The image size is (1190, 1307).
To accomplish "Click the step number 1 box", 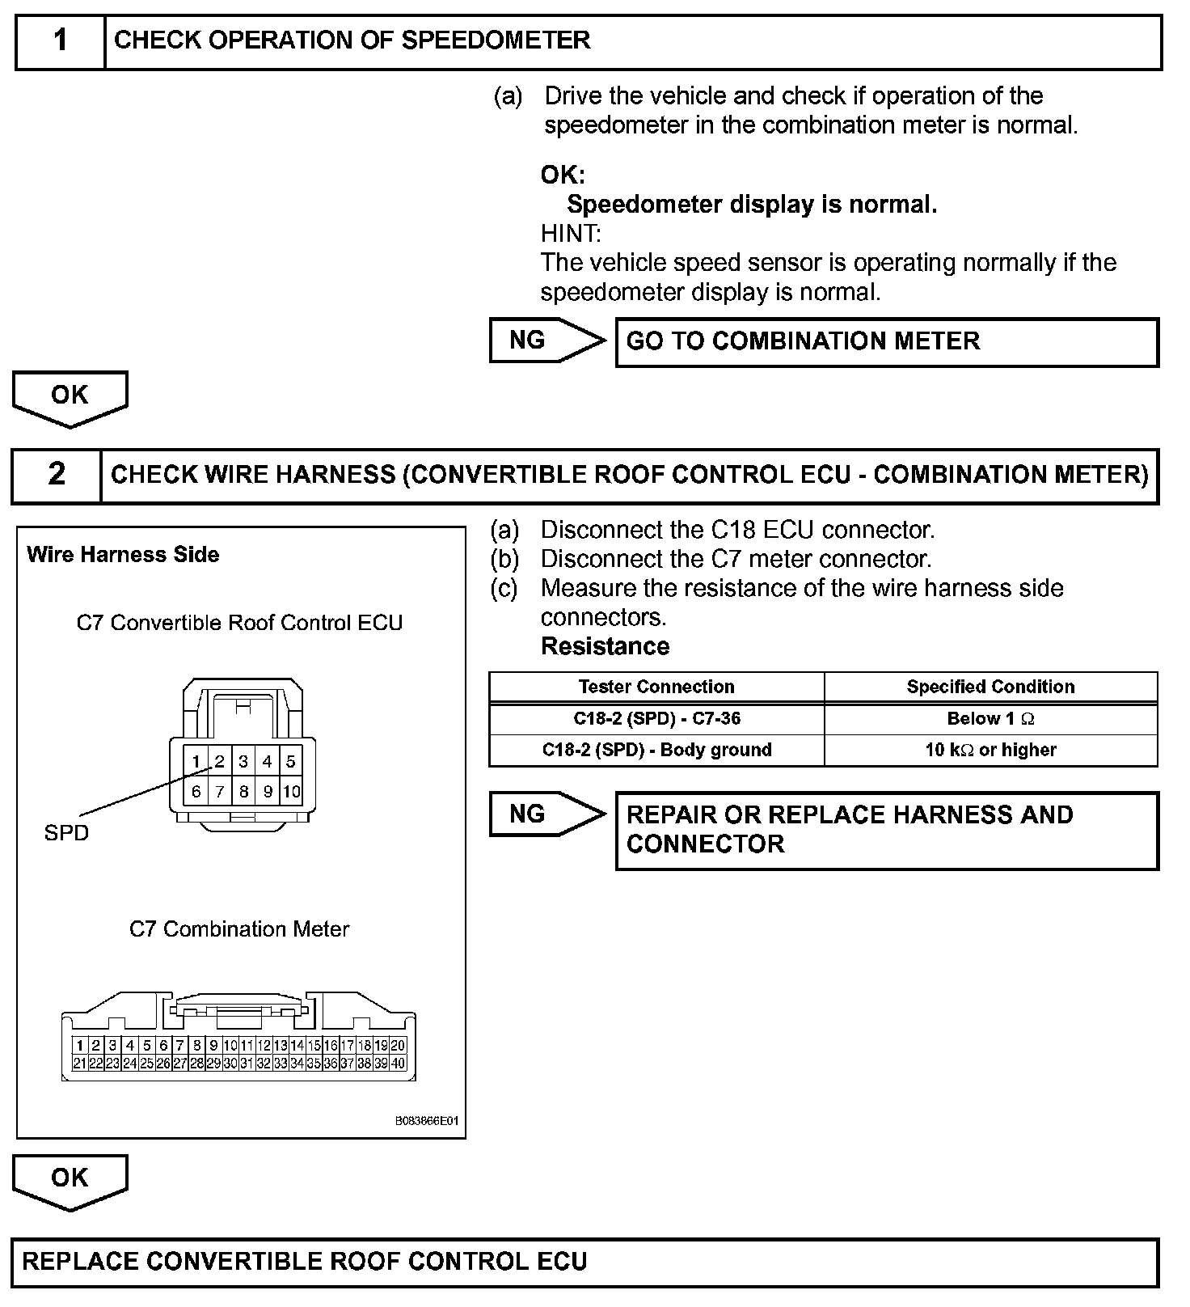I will click(61, 40).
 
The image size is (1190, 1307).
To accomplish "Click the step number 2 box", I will click(57, 475).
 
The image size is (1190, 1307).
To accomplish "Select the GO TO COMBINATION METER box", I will click(886, 342).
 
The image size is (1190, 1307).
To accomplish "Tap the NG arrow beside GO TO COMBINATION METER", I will click(546, 340).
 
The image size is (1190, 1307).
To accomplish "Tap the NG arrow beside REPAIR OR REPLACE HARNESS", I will click(546, 814).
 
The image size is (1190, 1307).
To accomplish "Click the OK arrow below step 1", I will click(70, 397).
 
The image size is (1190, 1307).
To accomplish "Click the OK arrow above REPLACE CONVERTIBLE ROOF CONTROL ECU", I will click(70, 1180).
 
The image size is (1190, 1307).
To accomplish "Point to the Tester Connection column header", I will click(656, 687).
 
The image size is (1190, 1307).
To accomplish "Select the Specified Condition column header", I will click(990, 687).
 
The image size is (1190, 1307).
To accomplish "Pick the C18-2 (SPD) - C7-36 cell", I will click(656, 719).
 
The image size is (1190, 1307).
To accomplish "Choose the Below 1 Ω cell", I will click(990, 719).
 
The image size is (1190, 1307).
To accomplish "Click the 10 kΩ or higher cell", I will click(990, 751).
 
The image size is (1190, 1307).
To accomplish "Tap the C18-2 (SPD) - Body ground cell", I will click(656, 751).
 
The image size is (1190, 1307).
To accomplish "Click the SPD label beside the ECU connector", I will click(66, 833).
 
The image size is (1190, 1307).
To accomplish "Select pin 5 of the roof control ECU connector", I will click(291, 761).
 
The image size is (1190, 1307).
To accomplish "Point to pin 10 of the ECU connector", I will click(291, 792).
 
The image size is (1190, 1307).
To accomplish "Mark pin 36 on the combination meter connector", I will click(330, 1064).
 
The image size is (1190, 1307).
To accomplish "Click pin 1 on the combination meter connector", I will click(79, 1046).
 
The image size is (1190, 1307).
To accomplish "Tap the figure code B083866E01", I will click(426, 1122).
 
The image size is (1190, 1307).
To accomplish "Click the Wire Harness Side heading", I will click(123, 555).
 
